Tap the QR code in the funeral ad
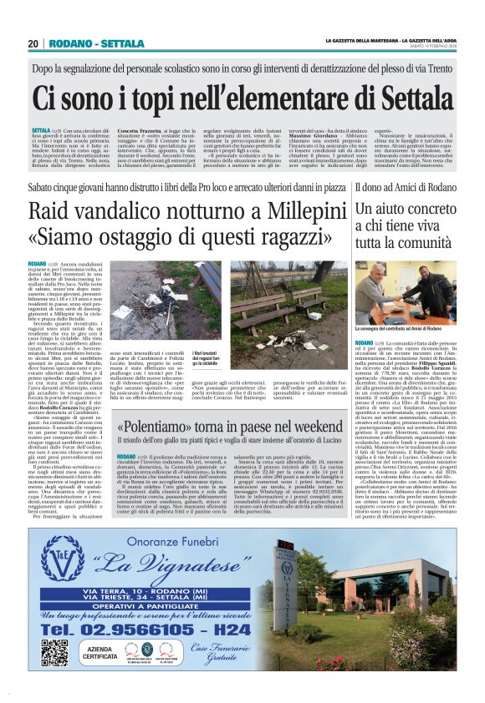click(x=55, y=652)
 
